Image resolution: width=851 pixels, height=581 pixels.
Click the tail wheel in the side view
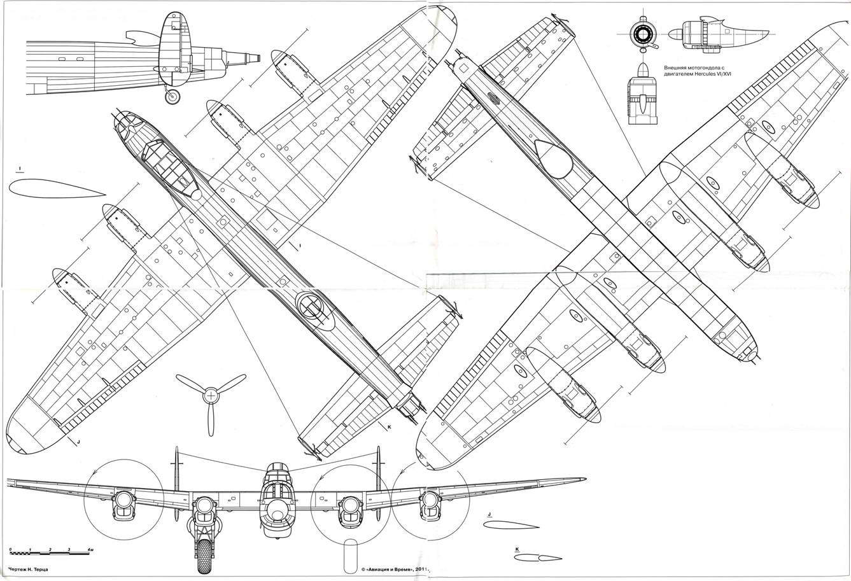172,97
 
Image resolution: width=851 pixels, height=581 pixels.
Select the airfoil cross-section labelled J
511,526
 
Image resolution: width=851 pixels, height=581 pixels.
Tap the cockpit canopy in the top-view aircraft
167,165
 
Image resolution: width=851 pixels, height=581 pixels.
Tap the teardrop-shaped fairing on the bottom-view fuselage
552,158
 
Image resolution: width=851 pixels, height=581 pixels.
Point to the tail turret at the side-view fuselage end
245,57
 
